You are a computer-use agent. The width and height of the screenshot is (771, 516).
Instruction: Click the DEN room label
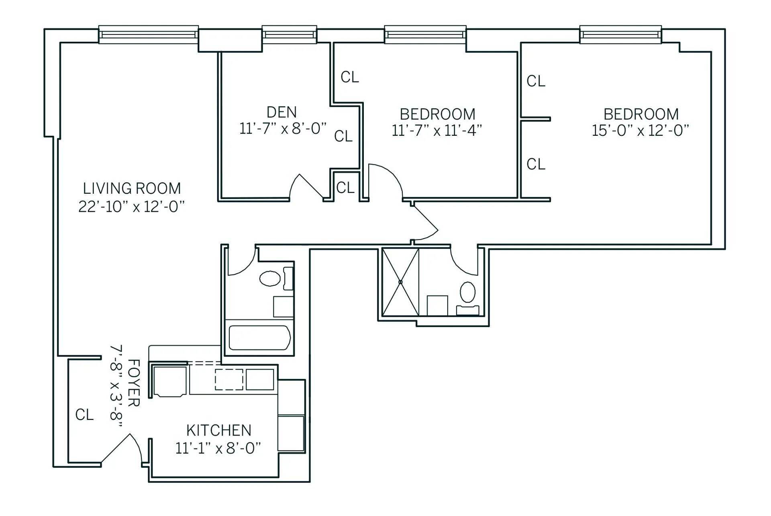click(x=281, y=112)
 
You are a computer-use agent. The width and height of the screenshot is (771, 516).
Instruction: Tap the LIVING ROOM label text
click(x=132, y=188)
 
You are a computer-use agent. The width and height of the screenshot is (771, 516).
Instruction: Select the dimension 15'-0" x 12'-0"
click(x=640, y=131)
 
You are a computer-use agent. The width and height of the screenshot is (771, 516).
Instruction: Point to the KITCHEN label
click(x=218, y=430)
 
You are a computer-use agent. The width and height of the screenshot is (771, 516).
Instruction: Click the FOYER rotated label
click(x=133, y=383)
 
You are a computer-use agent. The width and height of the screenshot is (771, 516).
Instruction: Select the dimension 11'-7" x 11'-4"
click(x=436, y=131)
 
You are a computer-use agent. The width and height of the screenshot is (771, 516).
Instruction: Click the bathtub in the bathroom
click(x=259, y=338)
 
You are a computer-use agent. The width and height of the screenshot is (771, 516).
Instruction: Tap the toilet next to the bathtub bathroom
click(x=270, y=278)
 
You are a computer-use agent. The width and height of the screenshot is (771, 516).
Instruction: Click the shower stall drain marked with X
click(x=400, y=282)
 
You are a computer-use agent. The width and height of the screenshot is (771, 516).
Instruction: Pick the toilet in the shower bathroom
click(x=467, y=292)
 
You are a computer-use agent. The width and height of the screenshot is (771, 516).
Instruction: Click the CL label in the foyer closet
click(x=84, y=415)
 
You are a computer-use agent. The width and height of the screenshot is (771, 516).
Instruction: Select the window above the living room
click(x=149, y=35)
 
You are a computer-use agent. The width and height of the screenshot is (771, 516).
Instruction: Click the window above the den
click(x=289, y=35)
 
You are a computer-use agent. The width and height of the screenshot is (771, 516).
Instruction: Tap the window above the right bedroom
click(x=620, y=35)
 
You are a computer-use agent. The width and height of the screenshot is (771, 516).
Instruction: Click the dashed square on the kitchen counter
click(x=229, y=379)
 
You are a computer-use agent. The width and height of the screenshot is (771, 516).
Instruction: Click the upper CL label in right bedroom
click(x=536, y=81)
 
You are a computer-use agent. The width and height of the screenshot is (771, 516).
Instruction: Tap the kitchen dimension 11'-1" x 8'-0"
click(x=218, y=448)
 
